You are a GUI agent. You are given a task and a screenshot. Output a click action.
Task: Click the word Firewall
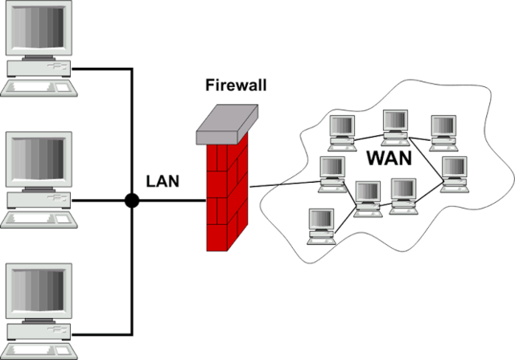[234, 85]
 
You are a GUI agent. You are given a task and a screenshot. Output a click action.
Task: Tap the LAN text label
[163, 181]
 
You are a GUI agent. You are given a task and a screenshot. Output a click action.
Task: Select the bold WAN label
[389, 157]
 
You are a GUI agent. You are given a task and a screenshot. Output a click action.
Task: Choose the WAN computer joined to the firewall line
[332, 172]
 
